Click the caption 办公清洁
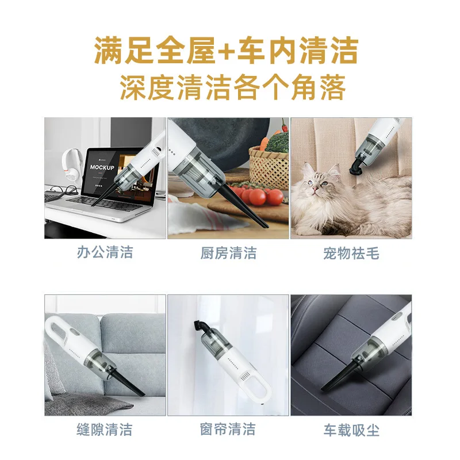coord(105,252)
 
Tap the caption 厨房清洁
coord(228,252)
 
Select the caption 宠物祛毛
coord(351,252)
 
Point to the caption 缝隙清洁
coord(105,429)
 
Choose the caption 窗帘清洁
coord(228,429)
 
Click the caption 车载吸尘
coord(351,429)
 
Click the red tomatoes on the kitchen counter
coord(259,195)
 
